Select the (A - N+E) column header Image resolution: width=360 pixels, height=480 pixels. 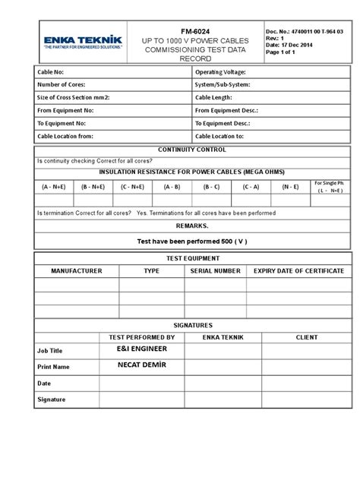coord(54,186)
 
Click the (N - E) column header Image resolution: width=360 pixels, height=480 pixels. coord(290,186)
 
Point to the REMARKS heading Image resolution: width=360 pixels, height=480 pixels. coord(191,226)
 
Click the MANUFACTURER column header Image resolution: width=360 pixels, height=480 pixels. coord(76,270)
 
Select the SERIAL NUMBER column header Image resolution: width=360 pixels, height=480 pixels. coord(216,270)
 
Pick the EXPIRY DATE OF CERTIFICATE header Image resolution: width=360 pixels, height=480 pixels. coord(300,270)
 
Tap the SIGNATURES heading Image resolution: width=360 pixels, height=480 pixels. coord(193,324)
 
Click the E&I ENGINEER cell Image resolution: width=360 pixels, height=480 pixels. coord(142,349)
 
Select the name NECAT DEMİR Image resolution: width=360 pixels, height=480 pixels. coord(142,365)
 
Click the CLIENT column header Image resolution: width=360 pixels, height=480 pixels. coord(307,336)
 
